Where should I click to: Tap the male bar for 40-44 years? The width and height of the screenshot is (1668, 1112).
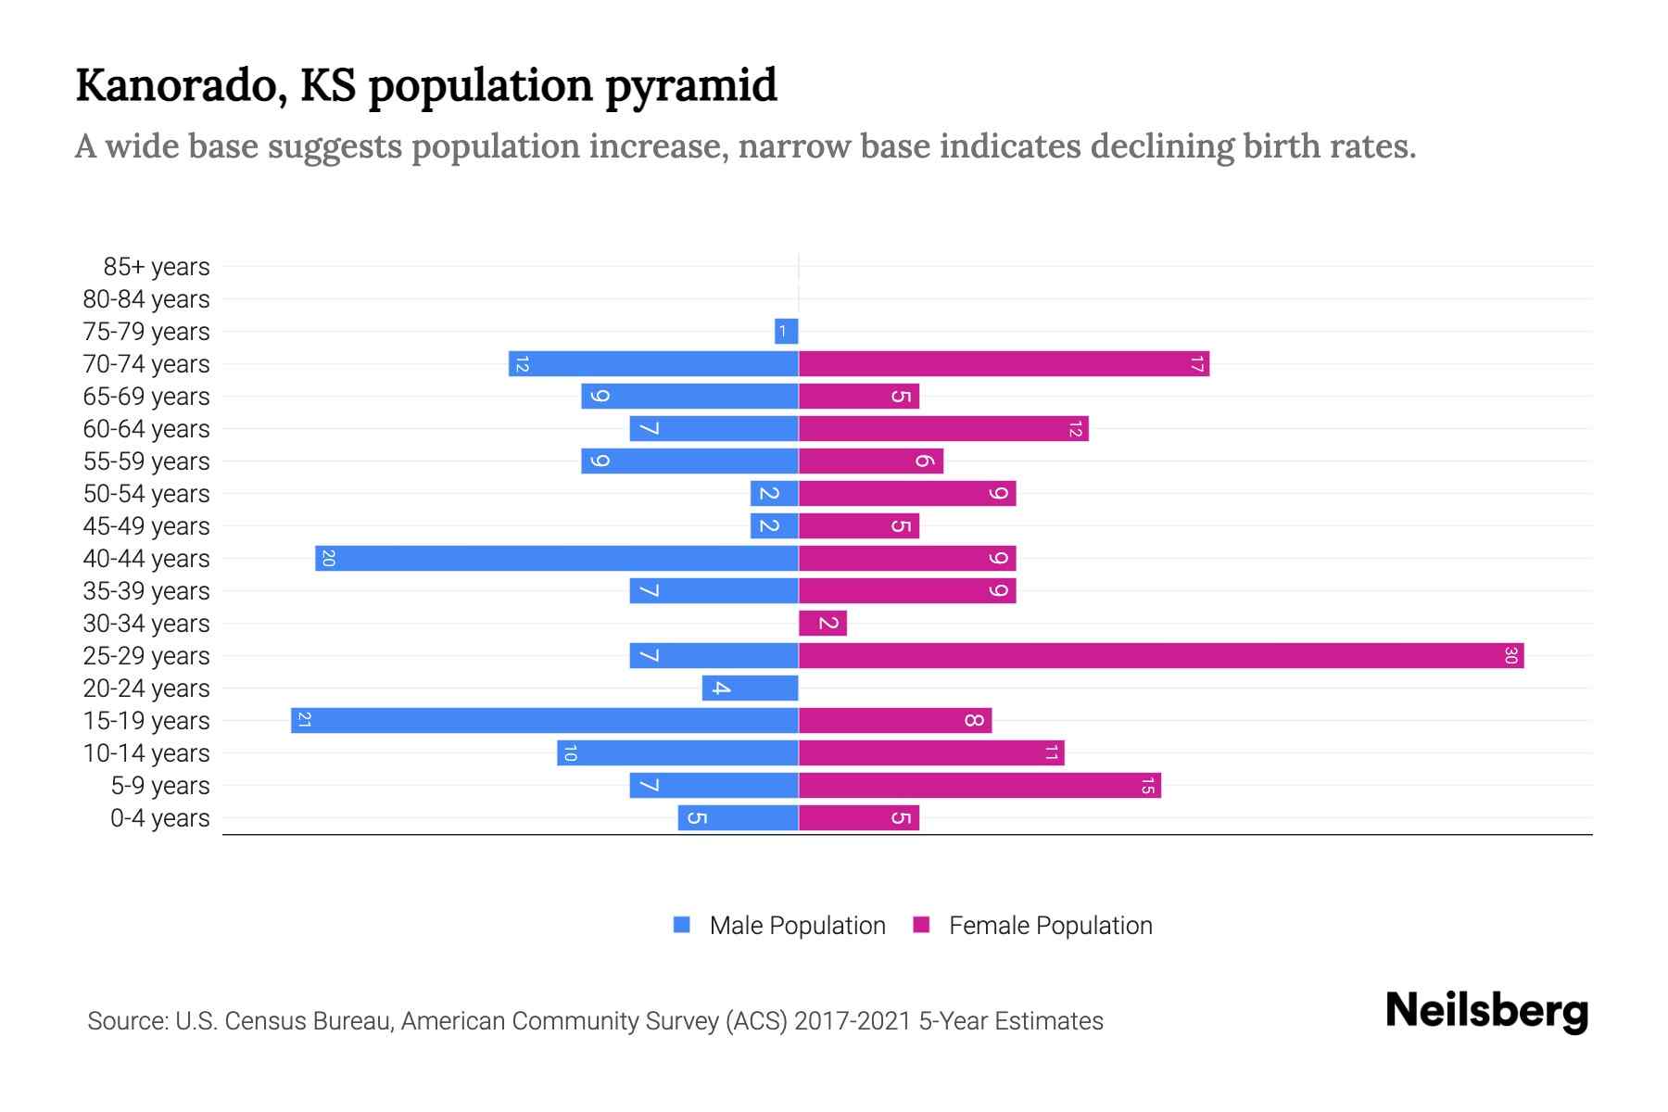(x=557, y=559)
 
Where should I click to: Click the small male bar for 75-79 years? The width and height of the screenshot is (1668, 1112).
(x=787, y=332)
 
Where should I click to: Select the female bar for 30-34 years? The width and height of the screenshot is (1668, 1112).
(x=823, y=624)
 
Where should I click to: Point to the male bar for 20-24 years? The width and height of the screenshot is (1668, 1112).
(x=751, y=689)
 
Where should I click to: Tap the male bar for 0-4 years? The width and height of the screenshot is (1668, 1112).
(x=739, y=818)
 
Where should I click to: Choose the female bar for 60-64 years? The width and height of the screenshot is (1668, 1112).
(x=943, y=429)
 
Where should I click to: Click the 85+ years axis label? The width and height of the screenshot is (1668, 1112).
(x=157, y=267)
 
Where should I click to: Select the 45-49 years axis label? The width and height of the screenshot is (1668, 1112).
(x=146, y=526)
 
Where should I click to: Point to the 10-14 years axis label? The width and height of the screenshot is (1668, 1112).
(x=146, y=753)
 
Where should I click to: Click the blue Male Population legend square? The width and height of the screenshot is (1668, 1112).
(x=682, y=925)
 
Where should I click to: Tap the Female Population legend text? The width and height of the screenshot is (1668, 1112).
(x=1050, y=926)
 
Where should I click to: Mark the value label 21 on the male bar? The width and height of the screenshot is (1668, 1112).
(x=304, y=721)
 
